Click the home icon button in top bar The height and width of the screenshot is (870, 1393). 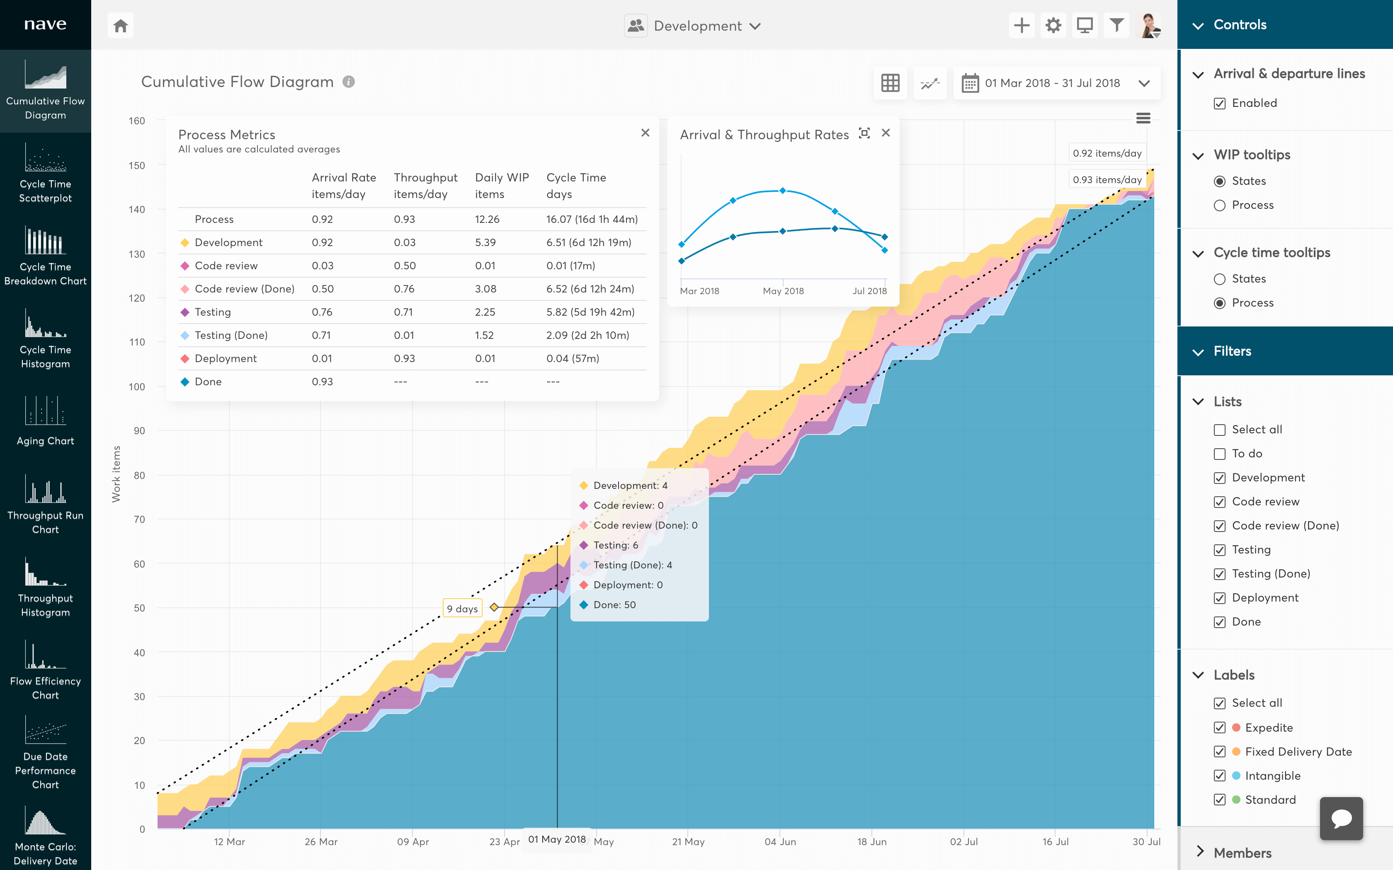click(120, 26)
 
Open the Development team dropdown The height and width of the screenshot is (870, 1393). click(694, 26)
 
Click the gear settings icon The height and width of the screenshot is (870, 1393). click(1053, 26)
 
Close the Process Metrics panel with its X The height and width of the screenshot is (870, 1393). click(645, 133)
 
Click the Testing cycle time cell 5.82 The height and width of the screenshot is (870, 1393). click(590, 312)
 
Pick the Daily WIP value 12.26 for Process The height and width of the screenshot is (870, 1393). click(487, 219)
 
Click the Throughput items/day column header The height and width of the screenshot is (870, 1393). click(425, 185)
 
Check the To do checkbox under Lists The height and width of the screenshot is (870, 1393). click(1219, 454)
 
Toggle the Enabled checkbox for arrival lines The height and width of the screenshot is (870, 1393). click(1219, 104)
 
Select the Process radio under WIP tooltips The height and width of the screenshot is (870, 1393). click(1219, 205)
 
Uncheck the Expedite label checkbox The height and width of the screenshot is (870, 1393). click(1219, 728)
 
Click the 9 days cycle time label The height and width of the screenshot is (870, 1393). click(462, 608)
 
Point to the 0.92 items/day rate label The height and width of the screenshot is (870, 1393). click(1107, 153)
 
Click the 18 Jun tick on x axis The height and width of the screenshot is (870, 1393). click(871, 841)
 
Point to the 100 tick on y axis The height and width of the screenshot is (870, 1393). click(137, 387)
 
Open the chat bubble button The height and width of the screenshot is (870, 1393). click(1341, 818)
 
